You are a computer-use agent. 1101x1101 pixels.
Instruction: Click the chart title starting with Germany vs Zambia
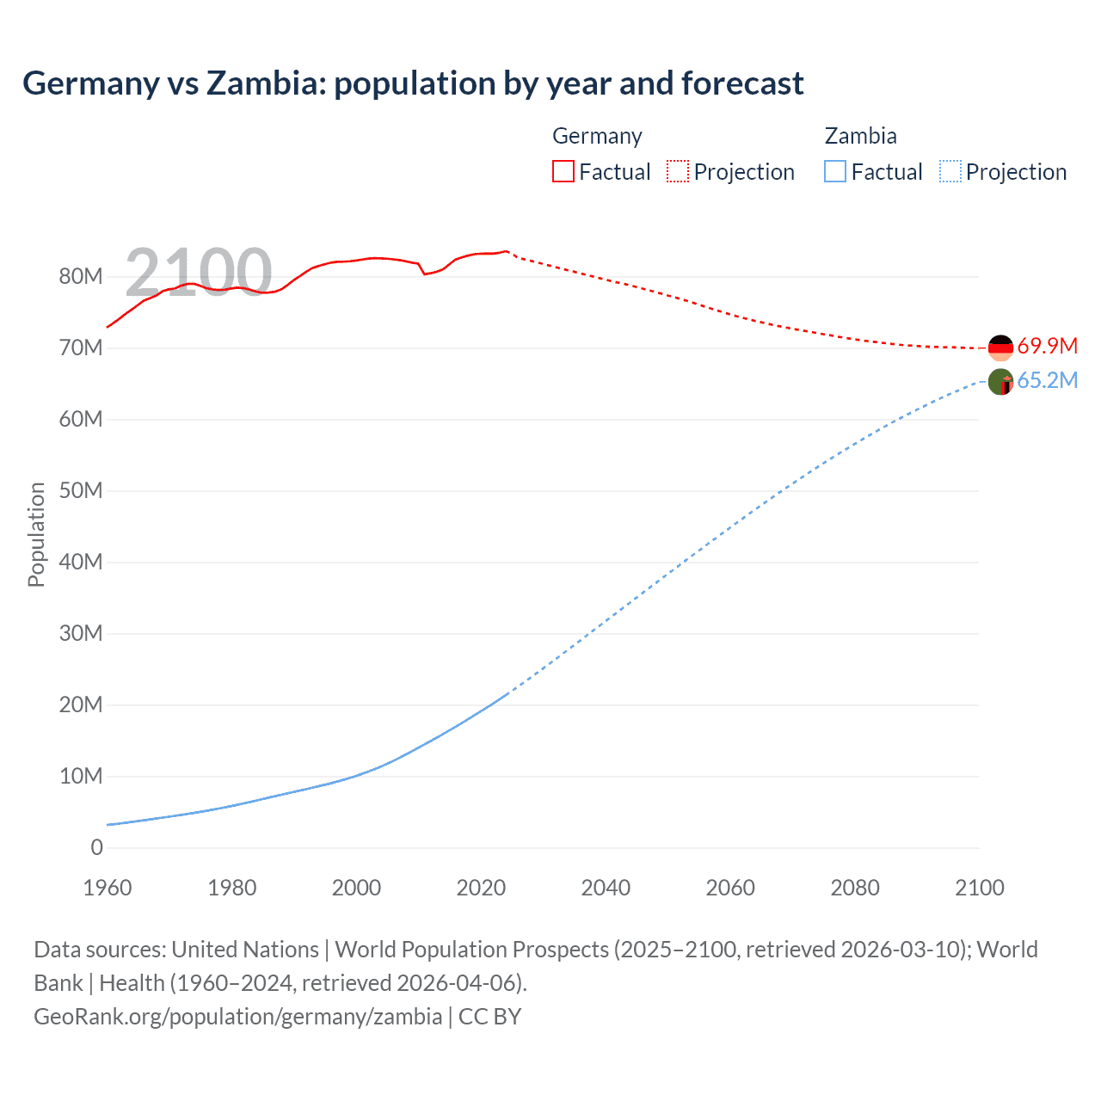[413, 83]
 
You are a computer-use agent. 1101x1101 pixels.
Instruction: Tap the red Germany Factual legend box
[563, 171]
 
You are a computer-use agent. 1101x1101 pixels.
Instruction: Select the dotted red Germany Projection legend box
[678, 171]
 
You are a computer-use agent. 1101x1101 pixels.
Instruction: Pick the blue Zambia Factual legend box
[835, 171]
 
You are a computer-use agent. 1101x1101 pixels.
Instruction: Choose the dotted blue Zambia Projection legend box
[950, 171]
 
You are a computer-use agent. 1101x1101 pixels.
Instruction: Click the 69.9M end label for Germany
[1047, 346]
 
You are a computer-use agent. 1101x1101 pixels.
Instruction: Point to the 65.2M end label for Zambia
[1047, 380]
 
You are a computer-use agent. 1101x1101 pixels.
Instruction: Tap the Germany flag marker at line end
[1000, 348]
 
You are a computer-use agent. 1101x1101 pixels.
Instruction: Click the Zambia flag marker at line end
[1000, 382]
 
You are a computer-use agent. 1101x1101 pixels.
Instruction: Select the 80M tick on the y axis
[81, 276]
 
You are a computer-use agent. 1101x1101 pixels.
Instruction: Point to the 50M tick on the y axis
[81, 490]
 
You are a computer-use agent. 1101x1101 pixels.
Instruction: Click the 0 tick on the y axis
[96, 847]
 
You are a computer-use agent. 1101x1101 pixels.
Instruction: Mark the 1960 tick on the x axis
[108, 888]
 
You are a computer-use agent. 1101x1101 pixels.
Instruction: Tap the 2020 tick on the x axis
[481, 888]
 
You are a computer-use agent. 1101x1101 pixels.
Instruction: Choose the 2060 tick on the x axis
[730, 888]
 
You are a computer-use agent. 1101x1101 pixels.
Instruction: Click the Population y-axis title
[36, 534]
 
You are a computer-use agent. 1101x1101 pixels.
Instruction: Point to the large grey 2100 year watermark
[198, 273]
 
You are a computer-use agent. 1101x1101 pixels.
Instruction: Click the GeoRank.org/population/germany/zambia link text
[237, 1016]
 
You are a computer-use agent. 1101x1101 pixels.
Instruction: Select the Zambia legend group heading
[860, 136]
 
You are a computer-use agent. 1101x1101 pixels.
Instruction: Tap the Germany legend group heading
[597, 136]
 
